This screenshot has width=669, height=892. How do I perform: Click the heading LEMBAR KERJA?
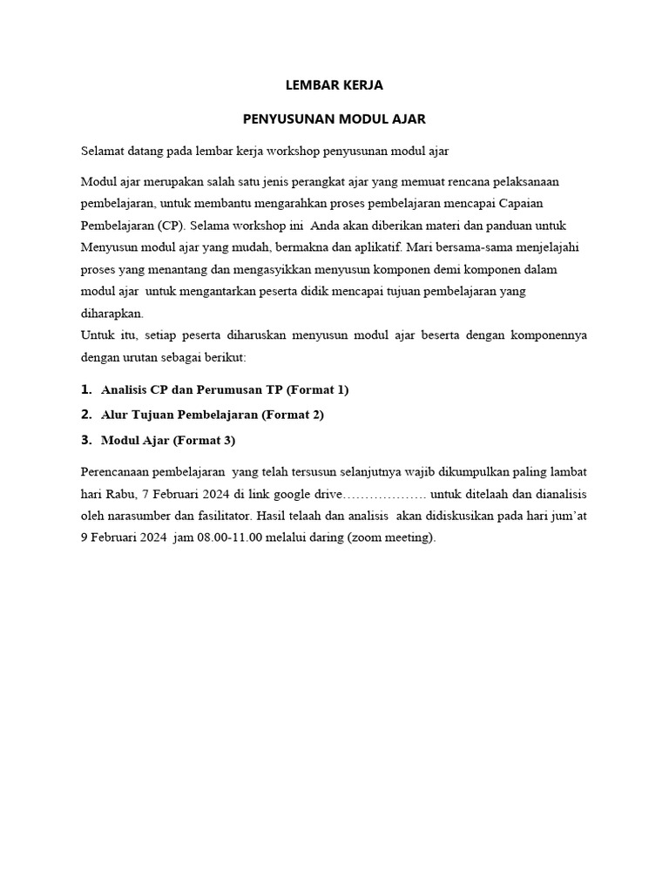pos(334,85)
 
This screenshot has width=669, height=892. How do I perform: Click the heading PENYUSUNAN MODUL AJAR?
pos(334,118)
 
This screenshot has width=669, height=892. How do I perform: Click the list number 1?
pos(85,389)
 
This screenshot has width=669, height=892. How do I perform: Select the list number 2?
pos(85,414)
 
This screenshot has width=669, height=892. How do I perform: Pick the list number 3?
pos(85,439)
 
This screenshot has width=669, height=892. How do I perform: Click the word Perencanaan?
pos(114,471)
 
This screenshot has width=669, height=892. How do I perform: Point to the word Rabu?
pos(118,493)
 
